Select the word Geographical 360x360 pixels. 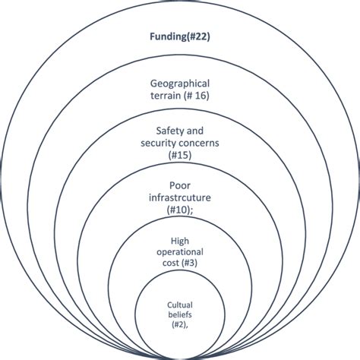click(x=180, y=84)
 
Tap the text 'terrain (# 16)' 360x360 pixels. click(x=180, y=96)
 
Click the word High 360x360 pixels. click(x=180, y=241)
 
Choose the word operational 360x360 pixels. click(x=180, y=251)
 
